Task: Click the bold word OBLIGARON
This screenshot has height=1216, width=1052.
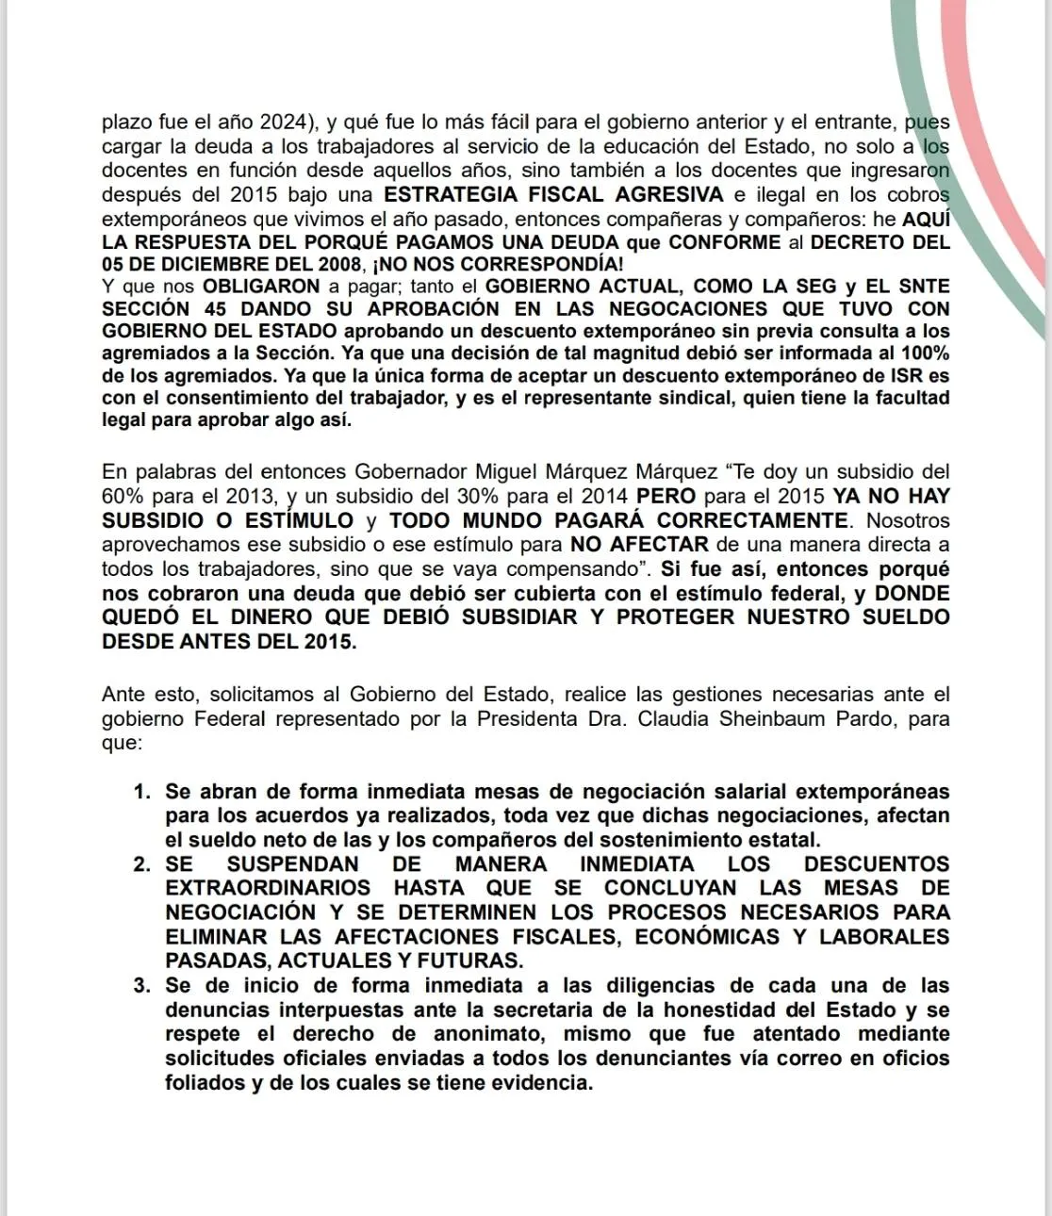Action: click(x=254, y=286)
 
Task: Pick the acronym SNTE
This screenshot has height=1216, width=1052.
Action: click(x=922, y=286)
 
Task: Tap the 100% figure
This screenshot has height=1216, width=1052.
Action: click(x=924, y=353)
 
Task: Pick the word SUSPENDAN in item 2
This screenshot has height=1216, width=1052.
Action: click(x=293, y=864)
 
